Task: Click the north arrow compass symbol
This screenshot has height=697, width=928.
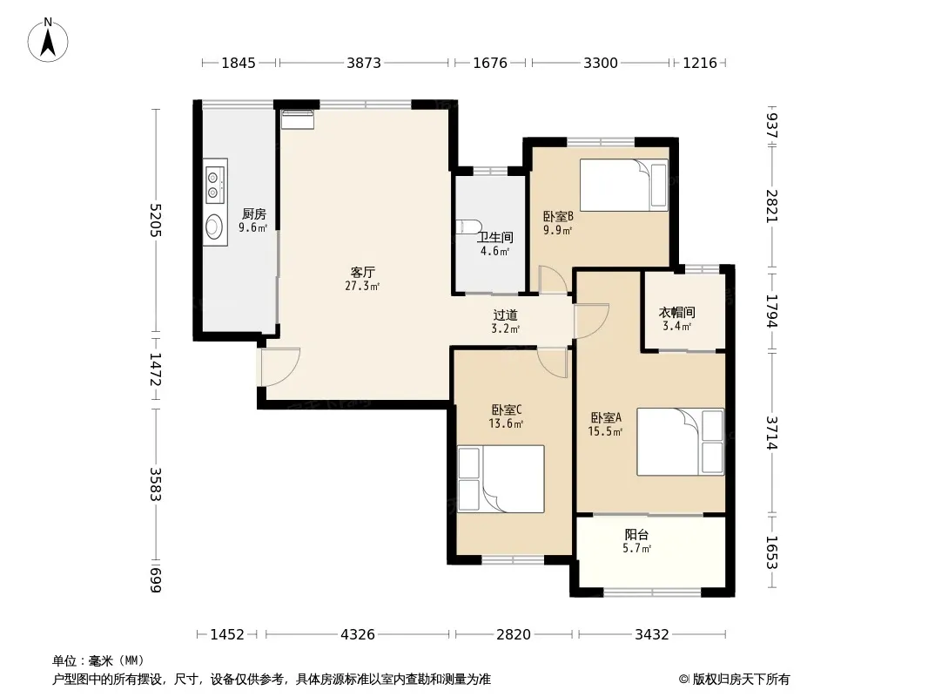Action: (48, 40)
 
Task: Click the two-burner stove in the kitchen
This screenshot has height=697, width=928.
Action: (215, 184)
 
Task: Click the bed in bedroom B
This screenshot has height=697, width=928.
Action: (624, 185)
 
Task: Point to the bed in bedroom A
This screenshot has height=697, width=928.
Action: (681, 442)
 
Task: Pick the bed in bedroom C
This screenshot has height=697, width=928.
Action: (501, 479)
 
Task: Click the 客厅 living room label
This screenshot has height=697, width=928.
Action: (362, 273)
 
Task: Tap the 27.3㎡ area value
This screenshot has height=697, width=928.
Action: (362, 287)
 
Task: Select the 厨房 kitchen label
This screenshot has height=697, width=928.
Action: (253, 213)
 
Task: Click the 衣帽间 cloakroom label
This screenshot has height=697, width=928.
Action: (677, 313)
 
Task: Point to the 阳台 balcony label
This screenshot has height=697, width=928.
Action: (637, 535)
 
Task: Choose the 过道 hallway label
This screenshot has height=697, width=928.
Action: (506, 315)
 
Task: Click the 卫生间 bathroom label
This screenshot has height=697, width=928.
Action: (494, 238)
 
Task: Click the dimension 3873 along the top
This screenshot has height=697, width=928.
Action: (364, 63)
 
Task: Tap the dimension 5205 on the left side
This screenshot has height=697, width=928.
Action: (155, 220)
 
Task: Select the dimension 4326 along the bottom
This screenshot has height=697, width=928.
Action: (358, 635)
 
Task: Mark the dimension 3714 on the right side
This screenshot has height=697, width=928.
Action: (771, 433)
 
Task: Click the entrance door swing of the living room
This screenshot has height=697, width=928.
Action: (280, 367)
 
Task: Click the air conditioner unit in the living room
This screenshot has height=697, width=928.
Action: (298, 119)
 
